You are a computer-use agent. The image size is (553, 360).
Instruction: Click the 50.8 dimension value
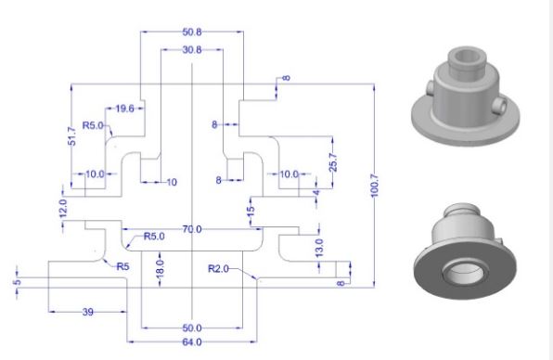(x=192, y=32)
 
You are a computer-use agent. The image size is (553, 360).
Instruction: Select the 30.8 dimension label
(x=192, y=49)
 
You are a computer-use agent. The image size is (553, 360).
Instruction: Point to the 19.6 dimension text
(x=123, y=109)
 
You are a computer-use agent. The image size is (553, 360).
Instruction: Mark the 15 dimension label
(x=251, y=212)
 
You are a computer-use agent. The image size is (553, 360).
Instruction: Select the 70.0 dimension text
(x=193, y=228)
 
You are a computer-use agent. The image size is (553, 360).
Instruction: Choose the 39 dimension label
(x=88, y=312)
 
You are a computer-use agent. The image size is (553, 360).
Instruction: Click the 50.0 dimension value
(x=192, y=328)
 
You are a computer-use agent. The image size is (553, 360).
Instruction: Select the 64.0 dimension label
(x=192, y=343)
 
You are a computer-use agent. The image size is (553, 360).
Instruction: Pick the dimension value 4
(x=315, y=192)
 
